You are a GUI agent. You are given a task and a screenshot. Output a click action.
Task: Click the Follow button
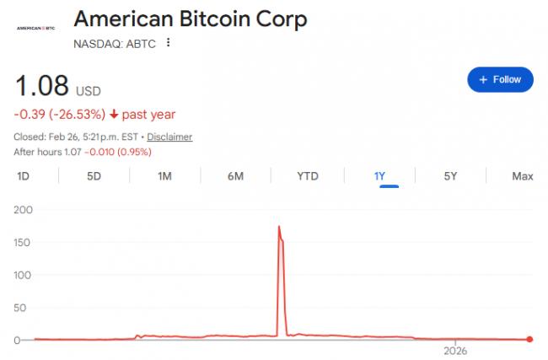click(500, 79)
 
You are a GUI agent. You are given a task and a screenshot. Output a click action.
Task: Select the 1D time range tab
click(24, 176)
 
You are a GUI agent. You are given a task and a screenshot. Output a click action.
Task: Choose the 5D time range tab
click(94, 176)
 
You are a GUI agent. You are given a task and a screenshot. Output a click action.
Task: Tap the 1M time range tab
click(164, 176)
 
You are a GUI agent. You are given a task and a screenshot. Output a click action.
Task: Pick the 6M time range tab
click(235, 176)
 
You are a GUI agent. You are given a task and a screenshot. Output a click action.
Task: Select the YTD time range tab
click(308, 176)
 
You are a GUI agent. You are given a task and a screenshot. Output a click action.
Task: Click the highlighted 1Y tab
click(380, 176)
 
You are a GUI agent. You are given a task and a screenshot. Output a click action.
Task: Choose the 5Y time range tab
click(450, 176)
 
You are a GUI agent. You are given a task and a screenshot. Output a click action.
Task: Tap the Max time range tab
click(522, 176)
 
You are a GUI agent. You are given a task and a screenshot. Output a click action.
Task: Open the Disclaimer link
click(169, 137)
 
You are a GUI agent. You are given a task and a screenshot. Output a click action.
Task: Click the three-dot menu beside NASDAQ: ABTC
click(169, 42)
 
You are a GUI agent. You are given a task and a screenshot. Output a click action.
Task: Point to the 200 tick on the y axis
click(23, 209)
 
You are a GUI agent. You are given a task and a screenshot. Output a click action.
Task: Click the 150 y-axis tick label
click(23, 242)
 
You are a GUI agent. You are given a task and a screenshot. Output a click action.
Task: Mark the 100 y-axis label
click(23, 275)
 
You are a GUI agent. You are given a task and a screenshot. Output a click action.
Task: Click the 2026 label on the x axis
click(455, 350)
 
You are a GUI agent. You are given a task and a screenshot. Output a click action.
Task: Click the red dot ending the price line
click(529, 340)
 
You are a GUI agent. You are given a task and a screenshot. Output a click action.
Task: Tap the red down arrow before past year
click(114, 115)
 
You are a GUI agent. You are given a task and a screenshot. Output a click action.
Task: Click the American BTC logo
click(36, 27)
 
